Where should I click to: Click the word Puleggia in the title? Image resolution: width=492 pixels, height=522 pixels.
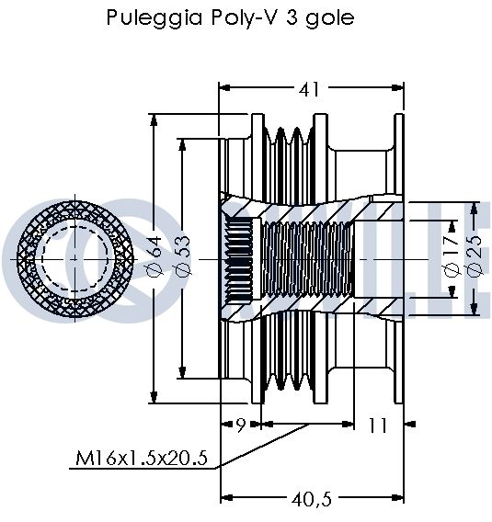[x=154, y=17]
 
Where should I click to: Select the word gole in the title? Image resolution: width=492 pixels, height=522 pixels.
[x=330, y=18]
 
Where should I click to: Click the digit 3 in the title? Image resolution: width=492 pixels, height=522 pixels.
[x=291, y=17]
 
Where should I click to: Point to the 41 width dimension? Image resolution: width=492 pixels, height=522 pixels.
[x=309, y=89]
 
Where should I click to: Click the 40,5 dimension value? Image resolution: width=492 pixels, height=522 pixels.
[x=312, y=499]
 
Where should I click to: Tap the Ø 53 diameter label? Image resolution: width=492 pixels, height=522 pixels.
[x=184, y=255]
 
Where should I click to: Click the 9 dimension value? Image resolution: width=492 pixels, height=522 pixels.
[x=241, y=426]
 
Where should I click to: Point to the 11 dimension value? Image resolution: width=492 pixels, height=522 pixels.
[x=378, y=426]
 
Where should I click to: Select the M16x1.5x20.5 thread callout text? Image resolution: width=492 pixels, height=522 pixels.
[x=142, y=458]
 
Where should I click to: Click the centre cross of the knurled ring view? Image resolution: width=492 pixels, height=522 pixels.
[x=74, y=258]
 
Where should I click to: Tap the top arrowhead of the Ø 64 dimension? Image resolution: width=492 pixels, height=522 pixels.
[x=154, y=120]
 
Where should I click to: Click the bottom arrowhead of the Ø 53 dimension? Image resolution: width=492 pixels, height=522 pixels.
[x=182, y=372]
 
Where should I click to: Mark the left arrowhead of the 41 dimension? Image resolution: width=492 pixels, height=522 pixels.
[x=224, y=88]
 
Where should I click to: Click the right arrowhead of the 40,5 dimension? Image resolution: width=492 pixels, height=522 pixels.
[x=397, y=498]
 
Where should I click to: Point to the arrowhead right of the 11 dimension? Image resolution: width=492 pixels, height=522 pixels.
[x=410, y=424]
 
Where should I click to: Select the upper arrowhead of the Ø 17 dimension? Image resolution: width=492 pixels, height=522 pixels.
[x=452, y=226]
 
